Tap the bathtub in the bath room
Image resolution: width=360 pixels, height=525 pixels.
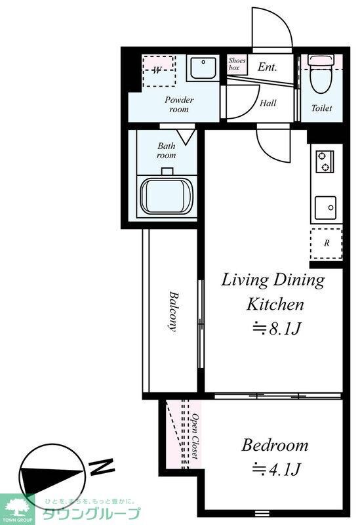click(167, 196)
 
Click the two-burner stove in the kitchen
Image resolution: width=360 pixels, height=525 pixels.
click(325, 161)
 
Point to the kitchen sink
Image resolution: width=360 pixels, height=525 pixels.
click(325, 207)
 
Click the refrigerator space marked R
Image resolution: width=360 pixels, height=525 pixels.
click(326, 243)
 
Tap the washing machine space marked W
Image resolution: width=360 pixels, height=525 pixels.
click(159, 71)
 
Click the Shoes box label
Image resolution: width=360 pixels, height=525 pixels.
click(237, 64)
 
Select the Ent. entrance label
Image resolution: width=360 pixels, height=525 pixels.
click(268, 67)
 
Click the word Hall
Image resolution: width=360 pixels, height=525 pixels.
click(268, 103)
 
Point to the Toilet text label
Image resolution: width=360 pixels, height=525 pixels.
click(321, 108)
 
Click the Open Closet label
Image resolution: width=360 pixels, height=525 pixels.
click(195, 436)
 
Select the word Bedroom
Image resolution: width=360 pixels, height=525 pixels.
click(275, 446)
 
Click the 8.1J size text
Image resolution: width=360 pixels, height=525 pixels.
click(277, 329)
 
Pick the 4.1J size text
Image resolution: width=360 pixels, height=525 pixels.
click(277, 469)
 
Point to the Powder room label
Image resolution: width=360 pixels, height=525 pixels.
click(179, 104)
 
